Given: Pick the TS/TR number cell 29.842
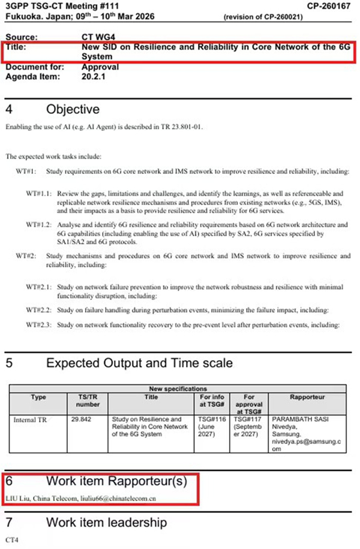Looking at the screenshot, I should (x=80, y=419).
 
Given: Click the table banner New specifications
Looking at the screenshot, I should (x=179, y=388).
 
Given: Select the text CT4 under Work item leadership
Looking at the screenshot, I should (x=11, y=539).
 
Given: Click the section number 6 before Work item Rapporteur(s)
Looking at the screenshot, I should (x=9, y=481).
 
